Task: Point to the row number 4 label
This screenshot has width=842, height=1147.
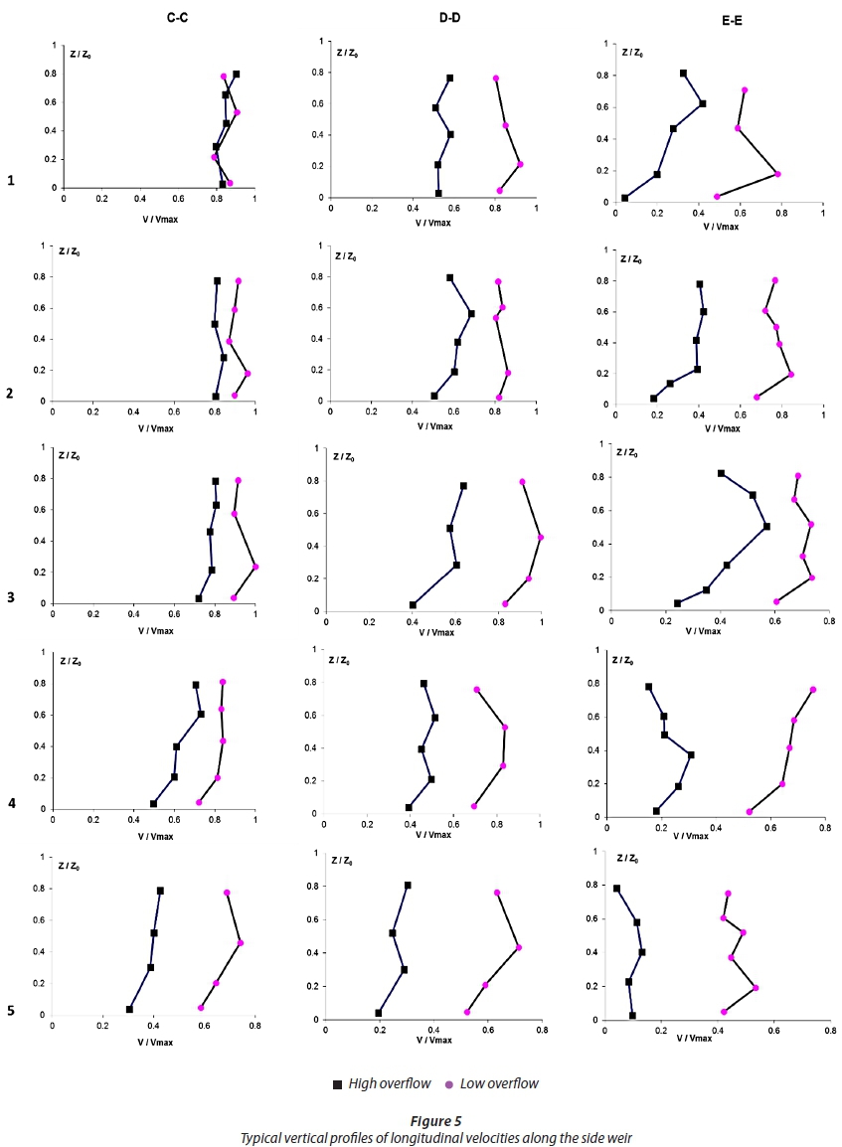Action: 11,802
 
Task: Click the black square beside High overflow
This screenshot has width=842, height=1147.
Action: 338,1082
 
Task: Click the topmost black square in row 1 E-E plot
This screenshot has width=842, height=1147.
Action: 683,74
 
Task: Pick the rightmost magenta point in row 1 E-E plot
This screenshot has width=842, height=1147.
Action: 777,174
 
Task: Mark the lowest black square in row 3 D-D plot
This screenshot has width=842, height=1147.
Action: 413,604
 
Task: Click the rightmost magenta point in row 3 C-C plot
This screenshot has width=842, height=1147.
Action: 255,567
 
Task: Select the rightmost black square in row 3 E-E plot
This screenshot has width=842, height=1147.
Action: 766,526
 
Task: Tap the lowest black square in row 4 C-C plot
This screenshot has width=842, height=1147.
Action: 153,803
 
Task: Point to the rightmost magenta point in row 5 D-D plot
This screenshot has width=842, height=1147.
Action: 518,947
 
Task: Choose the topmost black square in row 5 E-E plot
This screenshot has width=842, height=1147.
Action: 616,889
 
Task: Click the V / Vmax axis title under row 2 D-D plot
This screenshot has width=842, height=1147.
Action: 433,426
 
